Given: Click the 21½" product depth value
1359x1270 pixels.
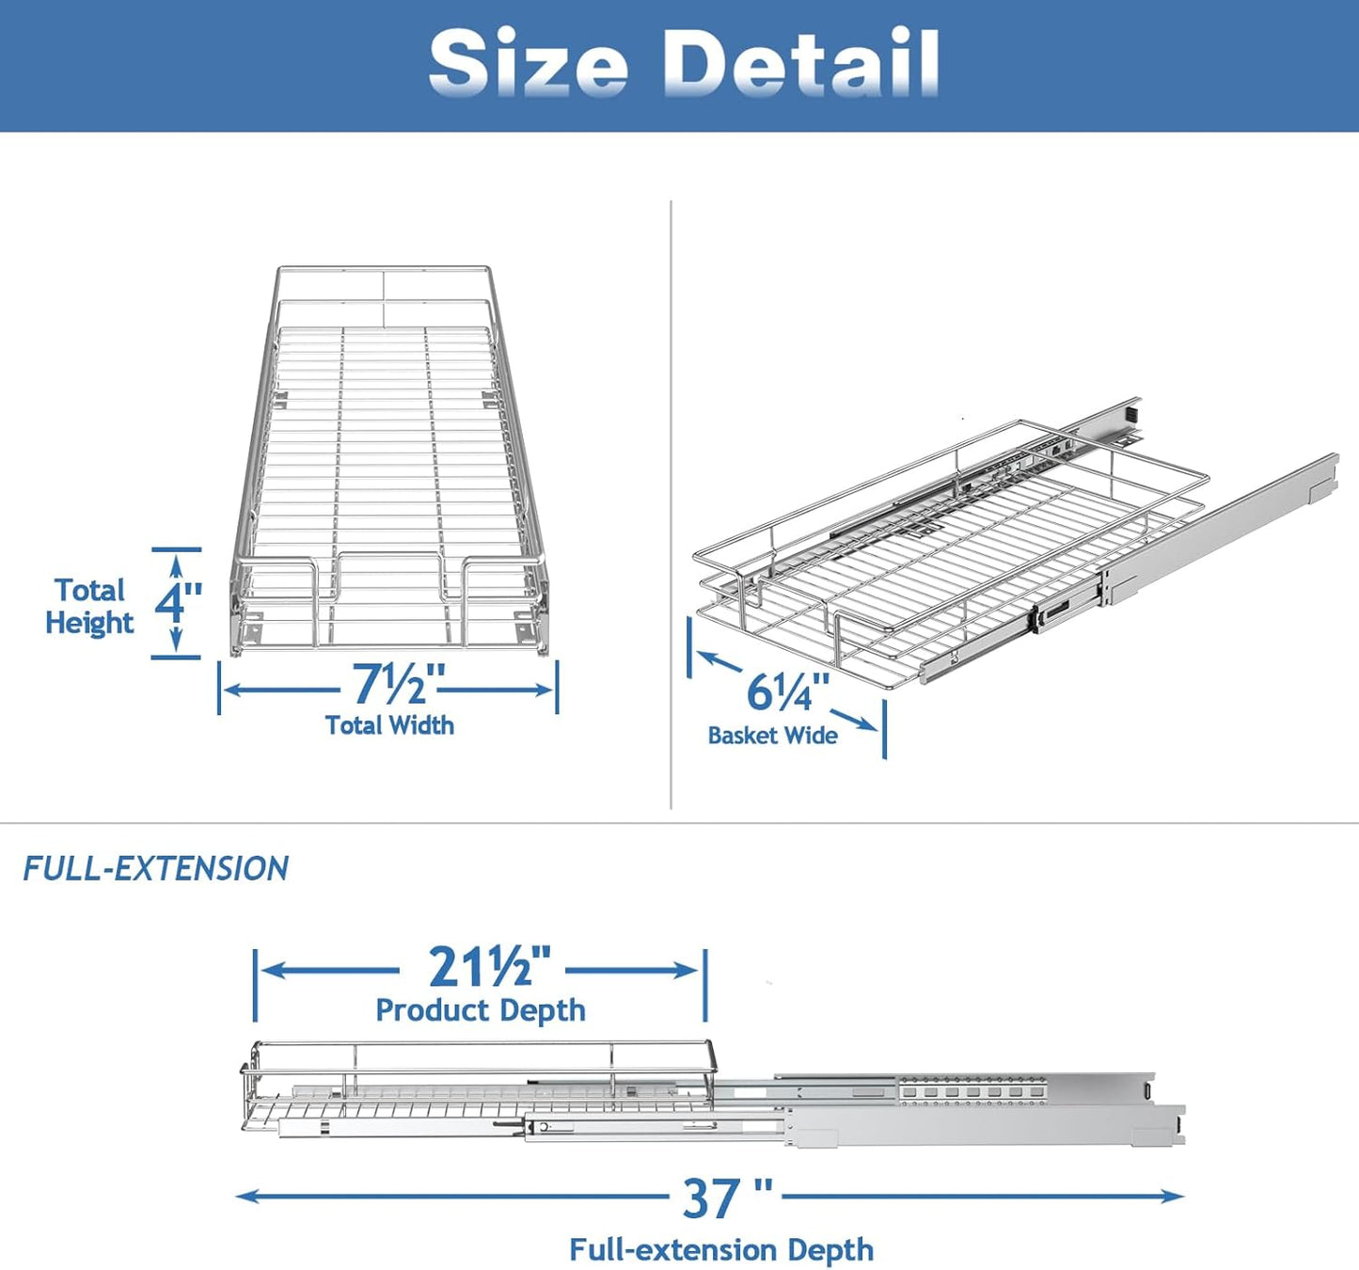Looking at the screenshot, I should tap(490, 966).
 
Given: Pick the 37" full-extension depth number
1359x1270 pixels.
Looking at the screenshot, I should tap(726, 1199).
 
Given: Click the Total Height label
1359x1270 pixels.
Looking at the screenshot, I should tap(89, 607).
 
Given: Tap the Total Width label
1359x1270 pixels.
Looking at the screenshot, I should tap(389, 725).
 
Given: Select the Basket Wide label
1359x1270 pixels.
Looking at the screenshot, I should tap(772, 736).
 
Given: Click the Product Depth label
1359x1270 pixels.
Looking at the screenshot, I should tap(481, 1010).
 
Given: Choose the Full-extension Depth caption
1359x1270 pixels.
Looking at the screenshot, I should tap(721, 1250).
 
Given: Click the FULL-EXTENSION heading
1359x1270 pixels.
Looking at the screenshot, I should tap(156, 868).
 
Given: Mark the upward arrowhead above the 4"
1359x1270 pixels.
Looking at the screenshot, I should tap(177, 563).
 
